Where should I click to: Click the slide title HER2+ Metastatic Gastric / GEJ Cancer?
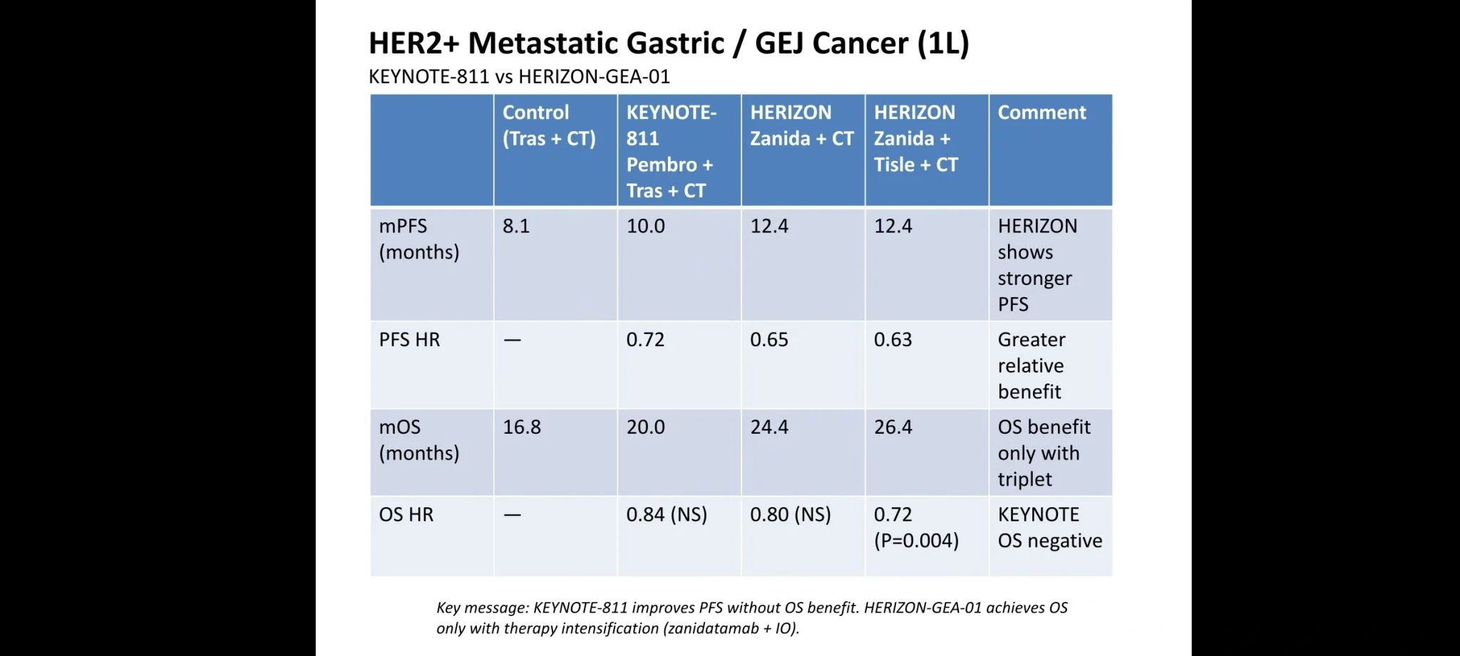click(x=668, y=43)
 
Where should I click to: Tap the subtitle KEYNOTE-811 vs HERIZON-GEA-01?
click(x=519, y=77)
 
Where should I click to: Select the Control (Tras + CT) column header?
click(x=548, y=125)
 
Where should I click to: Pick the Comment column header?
click(x=1042, y=113)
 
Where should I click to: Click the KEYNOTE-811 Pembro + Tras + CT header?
click(x=670, y=151)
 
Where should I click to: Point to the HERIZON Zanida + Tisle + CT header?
click(x=915, y=138)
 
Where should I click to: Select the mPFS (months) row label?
click(x=419, y=239)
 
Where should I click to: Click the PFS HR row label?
click(x=409, y=340)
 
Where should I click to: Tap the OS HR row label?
click(x=406, y=514)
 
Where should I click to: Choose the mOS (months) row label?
click(x=419, y=439)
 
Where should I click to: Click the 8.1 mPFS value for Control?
click(x=515, y=227)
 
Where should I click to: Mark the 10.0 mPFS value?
click(x=645, y=227)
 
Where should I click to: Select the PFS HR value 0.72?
click(x=645, y=340)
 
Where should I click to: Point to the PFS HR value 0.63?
click(x=893, y=340)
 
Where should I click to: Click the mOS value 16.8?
click(x=522, y=427)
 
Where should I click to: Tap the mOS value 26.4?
click(x=893, y=427)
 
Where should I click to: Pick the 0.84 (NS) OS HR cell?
click(x=667, y=514)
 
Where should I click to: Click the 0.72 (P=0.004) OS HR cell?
click(x=916, y=527)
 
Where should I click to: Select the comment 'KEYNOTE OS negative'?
click(x=1049, y=527)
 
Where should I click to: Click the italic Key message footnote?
click(x=751, y=618)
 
